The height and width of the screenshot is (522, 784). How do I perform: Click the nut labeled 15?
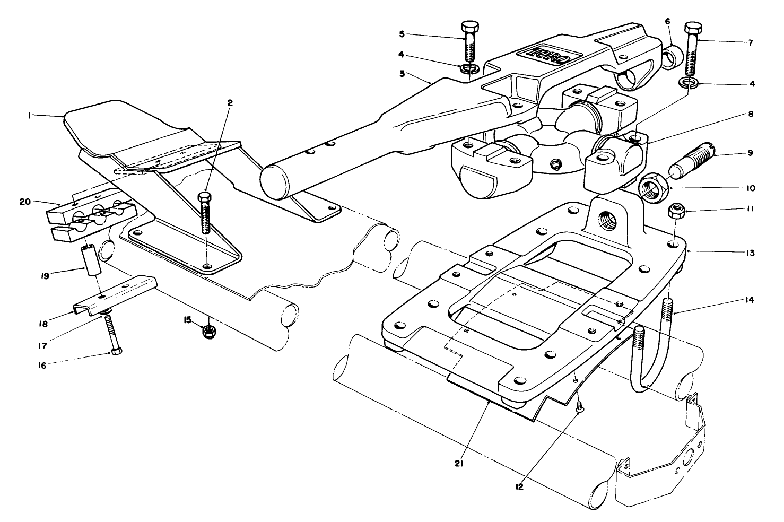click(208, 332)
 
